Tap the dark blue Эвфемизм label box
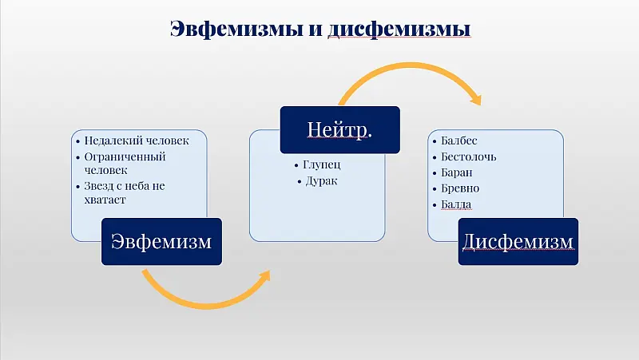coord(161,240)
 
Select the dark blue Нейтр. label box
coord(339,129)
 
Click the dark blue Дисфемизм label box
coord(518,240)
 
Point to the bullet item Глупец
coord(322,164)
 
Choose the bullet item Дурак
coord(321,181)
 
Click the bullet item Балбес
coord(458,140)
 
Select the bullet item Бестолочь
coord(468,156)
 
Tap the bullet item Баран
coord(457,172)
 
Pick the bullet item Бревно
coord(459,188)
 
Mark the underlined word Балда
coord(456,204)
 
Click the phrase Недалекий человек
coord(137,140)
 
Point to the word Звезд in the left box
coord(101,186)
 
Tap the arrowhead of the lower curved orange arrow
coord(264,275)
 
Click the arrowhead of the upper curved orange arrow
coord(476,100)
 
